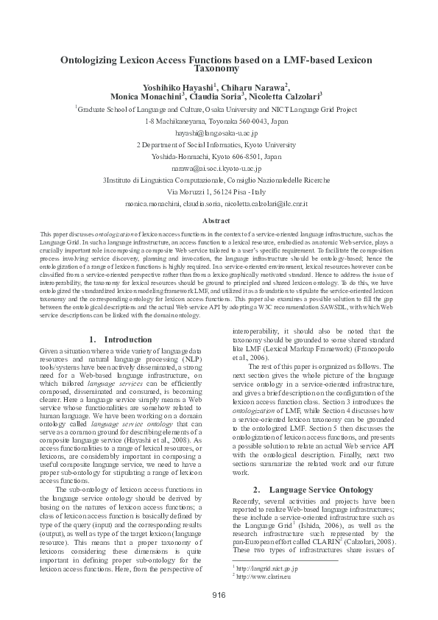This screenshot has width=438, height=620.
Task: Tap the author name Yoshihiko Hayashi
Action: [x=182, y=86]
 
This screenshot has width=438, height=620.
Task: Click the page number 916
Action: [x=219, y=594]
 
